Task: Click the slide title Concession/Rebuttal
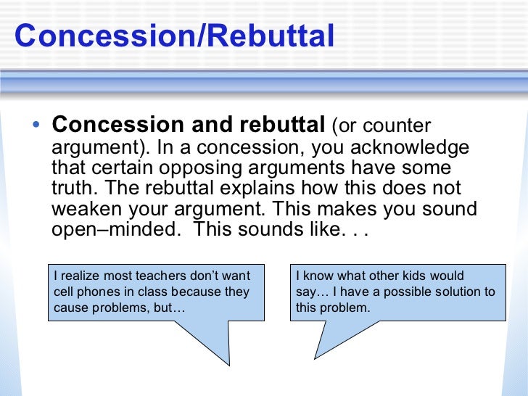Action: [174, 36]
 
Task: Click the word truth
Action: [75, 189]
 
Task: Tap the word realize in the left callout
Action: [80, 276]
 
